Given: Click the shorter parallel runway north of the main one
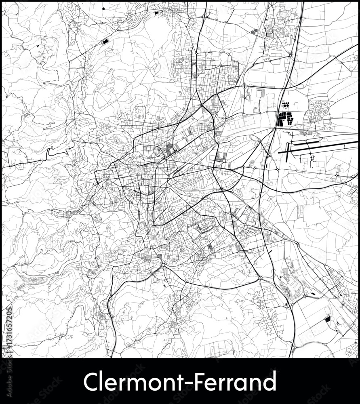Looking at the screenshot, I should pyautogui.click(x=307, y=141).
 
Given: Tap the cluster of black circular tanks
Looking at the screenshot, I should pyautogui.click(x=286, y=105).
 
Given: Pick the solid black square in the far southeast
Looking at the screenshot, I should pyautogui.click(x=327, y=319).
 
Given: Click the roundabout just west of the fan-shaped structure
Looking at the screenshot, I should pyautogui.click(x=261, y=278).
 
